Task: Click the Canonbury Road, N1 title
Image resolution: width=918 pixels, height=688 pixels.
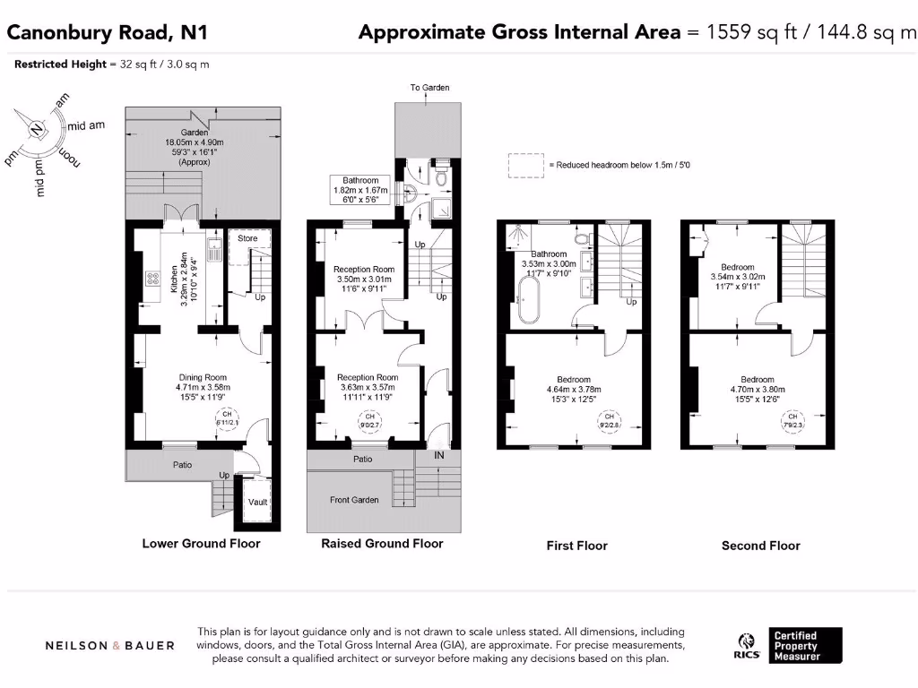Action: coord(107,33)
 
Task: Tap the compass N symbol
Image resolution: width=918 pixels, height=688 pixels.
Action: coord(36,129)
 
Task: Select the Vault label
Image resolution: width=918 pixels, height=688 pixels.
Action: coord(257,503)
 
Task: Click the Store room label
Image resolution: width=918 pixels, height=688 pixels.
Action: coord(247,238)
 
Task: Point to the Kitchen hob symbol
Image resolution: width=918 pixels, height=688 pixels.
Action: coord(153,279)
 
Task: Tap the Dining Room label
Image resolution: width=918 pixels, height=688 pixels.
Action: coord(202,377)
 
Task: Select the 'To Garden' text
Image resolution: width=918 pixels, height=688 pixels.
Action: coord(429,88)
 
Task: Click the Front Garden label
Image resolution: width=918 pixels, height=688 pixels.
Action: coord(354,500)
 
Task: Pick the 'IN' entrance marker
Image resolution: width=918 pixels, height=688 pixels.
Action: coord(439,456)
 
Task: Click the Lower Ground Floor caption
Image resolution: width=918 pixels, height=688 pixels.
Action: coord(201,544)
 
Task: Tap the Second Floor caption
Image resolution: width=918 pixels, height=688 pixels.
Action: coord(760,546)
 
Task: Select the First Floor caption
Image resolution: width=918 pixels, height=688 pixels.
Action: coord(576,546)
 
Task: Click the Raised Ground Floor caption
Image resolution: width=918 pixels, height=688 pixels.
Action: coord(382,544)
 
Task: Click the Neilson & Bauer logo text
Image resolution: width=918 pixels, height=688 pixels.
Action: coord(110,645)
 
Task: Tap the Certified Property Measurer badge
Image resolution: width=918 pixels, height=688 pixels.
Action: coord(807,645)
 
